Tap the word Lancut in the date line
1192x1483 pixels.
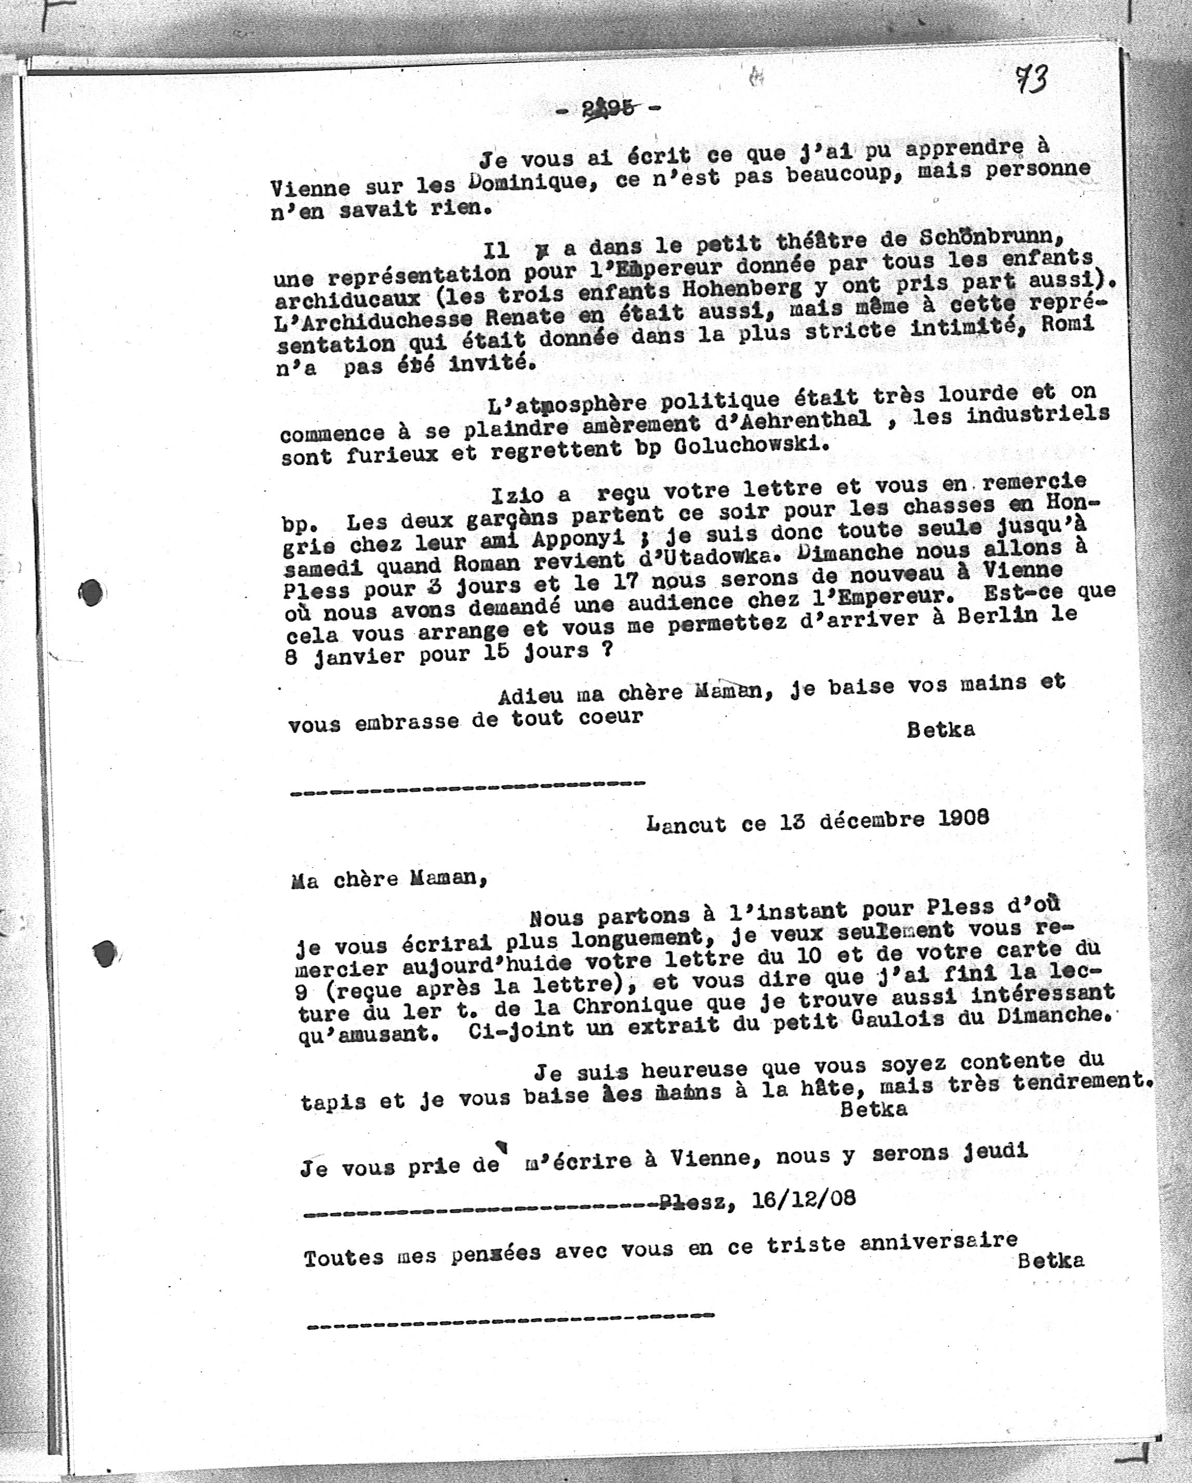pyautogui.click(x=686, y=824)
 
